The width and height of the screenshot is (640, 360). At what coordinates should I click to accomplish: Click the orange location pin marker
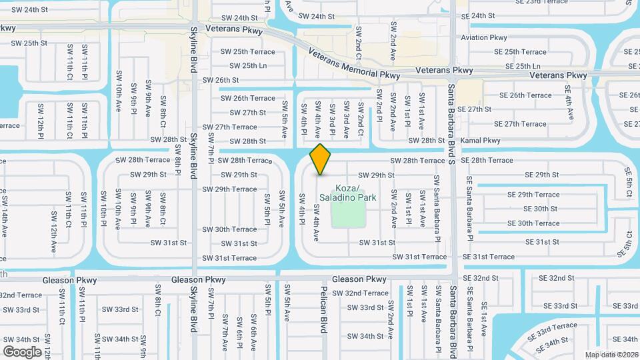321,159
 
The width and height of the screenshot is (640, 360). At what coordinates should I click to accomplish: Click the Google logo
22,351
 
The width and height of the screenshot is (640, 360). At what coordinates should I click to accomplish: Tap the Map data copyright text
611,354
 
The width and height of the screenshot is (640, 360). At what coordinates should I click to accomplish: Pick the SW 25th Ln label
248,65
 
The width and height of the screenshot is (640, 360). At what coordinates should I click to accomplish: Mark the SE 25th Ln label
523,66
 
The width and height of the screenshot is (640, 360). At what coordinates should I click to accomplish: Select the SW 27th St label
248,113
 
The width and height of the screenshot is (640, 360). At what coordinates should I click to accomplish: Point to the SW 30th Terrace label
230,229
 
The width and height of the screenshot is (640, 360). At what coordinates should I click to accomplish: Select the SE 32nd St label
556,278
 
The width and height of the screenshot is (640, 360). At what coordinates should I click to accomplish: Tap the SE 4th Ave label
568,103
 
